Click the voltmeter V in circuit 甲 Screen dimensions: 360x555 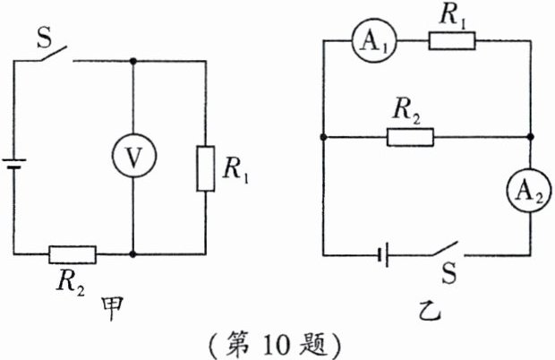point(132,158)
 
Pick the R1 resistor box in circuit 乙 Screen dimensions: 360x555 point(452,41)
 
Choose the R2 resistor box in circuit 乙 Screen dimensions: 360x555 point(410,137)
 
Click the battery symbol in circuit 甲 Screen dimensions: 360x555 point(13,167)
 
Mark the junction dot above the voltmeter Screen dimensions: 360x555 point(132,62)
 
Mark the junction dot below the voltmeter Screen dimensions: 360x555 point(132,253)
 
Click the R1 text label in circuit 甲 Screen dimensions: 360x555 point(235,168)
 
